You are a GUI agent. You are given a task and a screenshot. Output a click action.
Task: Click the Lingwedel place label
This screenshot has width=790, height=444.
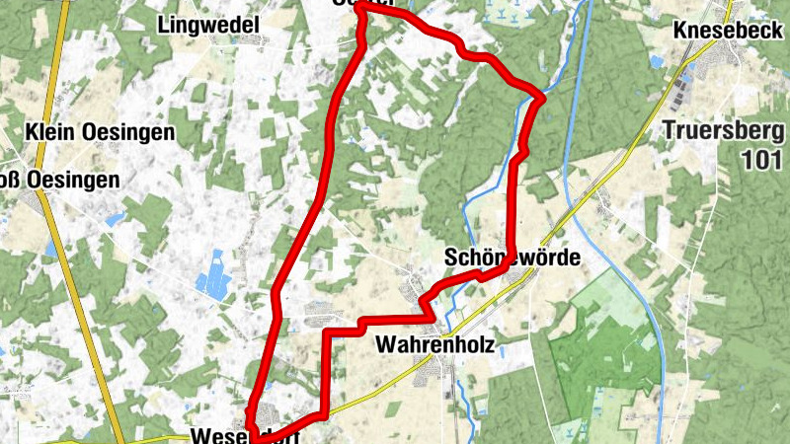pyautogui.click(x=207, y=25)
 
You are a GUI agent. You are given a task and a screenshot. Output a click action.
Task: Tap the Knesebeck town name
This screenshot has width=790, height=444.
pyautogui.click(x=727, y=31)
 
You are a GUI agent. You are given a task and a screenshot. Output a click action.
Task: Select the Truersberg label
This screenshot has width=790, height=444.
pyautogui.click(x=722, y=129)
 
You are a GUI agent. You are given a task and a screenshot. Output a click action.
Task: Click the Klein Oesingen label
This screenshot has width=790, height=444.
pyautogui.click(x=101, y=131)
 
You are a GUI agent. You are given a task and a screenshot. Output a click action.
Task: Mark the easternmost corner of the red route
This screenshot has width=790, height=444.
pyautogui.click(x=542, y=96)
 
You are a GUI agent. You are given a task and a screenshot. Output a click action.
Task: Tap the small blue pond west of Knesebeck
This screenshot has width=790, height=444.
pyautogui.click(x=658, y=61)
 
